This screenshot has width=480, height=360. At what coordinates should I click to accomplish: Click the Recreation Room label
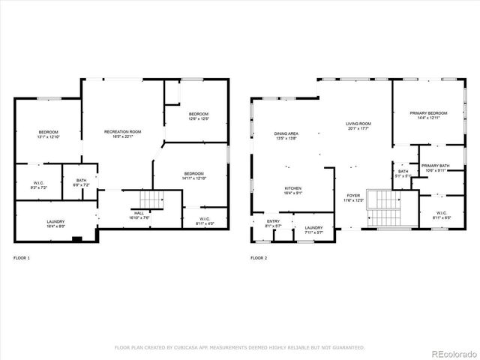[122, 133]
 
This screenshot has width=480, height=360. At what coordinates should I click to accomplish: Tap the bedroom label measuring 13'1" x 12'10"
[48, 134]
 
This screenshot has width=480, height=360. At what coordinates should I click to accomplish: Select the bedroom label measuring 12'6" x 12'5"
[197, 115]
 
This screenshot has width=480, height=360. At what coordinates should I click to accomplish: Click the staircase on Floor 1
[151, 199]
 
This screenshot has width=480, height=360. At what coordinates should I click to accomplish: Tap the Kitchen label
[293, 190]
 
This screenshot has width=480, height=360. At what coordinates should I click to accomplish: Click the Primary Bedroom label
[428, 115]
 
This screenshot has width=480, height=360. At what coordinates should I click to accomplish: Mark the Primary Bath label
[435, 167]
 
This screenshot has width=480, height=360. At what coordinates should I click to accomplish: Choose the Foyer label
[353, 197]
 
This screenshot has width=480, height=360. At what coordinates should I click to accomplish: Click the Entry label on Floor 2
[273, 223]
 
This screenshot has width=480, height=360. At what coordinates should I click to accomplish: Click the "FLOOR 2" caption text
[259, 258]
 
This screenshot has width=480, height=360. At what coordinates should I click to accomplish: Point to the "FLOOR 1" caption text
[22, 258]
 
